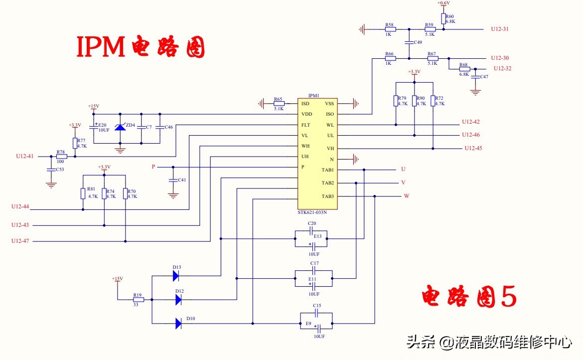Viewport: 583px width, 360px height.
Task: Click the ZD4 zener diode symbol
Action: coord(120,127)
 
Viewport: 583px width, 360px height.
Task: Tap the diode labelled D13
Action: coord(176,275)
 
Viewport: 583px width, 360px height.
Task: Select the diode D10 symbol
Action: coord(178,324)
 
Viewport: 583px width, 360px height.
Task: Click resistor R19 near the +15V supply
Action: coord(138,300)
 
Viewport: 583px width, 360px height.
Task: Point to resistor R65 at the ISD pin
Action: coord(279,103)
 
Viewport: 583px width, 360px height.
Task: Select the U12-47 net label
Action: coord(20,241)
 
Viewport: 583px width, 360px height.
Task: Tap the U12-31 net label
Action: coord(499,29)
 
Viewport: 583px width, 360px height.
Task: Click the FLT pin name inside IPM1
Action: coord(306,125)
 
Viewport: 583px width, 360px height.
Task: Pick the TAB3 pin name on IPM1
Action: coord(327,196)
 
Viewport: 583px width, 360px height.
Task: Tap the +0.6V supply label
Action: coord(443,3)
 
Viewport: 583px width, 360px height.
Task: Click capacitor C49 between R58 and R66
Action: coord(408,42)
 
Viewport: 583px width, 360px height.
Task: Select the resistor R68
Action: coord(464,69)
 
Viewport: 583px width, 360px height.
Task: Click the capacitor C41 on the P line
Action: coord(173,180)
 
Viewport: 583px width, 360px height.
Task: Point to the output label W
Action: coord(406,196)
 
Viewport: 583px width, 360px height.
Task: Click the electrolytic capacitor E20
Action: coord(94,127)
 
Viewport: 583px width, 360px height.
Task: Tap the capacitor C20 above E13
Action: coord(311,230)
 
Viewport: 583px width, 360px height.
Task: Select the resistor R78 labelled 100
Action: coord(61,156)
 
